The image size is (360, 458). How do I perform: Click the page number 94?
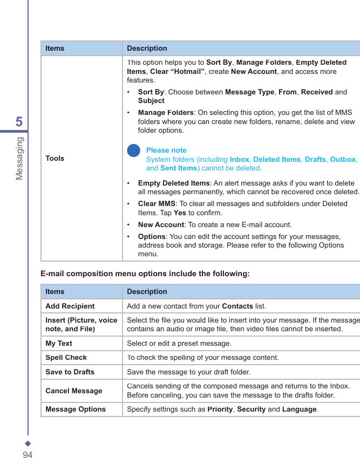[x=28, y=455]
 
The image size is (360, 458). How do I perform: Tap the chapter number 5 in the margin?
[x=19, y=122]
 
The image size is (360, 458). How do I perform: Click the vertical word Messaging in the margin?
[x=19, y=158]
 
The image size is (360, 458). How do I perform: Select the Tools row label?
[x=55, y=158]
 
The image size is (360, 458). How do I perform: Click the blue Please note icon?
[x=133, y=151]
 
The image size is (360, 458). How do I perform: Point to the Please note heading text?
[x=166, y=150]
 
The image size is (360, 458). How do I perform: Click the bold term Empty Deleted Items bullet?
[x=174, y=183]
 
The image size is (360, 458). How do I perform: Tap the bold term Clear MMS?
[x=157, y=203]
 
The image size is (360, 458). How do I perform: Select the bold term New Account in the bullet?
[x=161, y=224]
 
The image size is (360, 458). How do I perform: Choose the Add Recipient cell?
[x=70, y=306]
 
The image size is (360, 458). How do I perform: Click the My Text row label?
[x=59, y=343]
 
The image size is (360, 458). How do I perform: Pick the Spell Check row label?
[x=66, y=357]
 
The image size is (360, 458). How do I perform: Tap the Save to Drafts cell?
[x=70, y=372]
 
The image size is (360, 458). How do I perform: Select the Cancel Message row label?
[x=73, y=391]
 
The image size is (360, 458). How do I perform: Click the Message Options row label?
[x=76, y=409]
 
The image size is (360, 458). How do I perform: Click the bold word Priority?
[x=221, y=409]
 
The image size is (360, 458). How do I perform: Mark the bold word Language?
[x=300, y=409]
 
